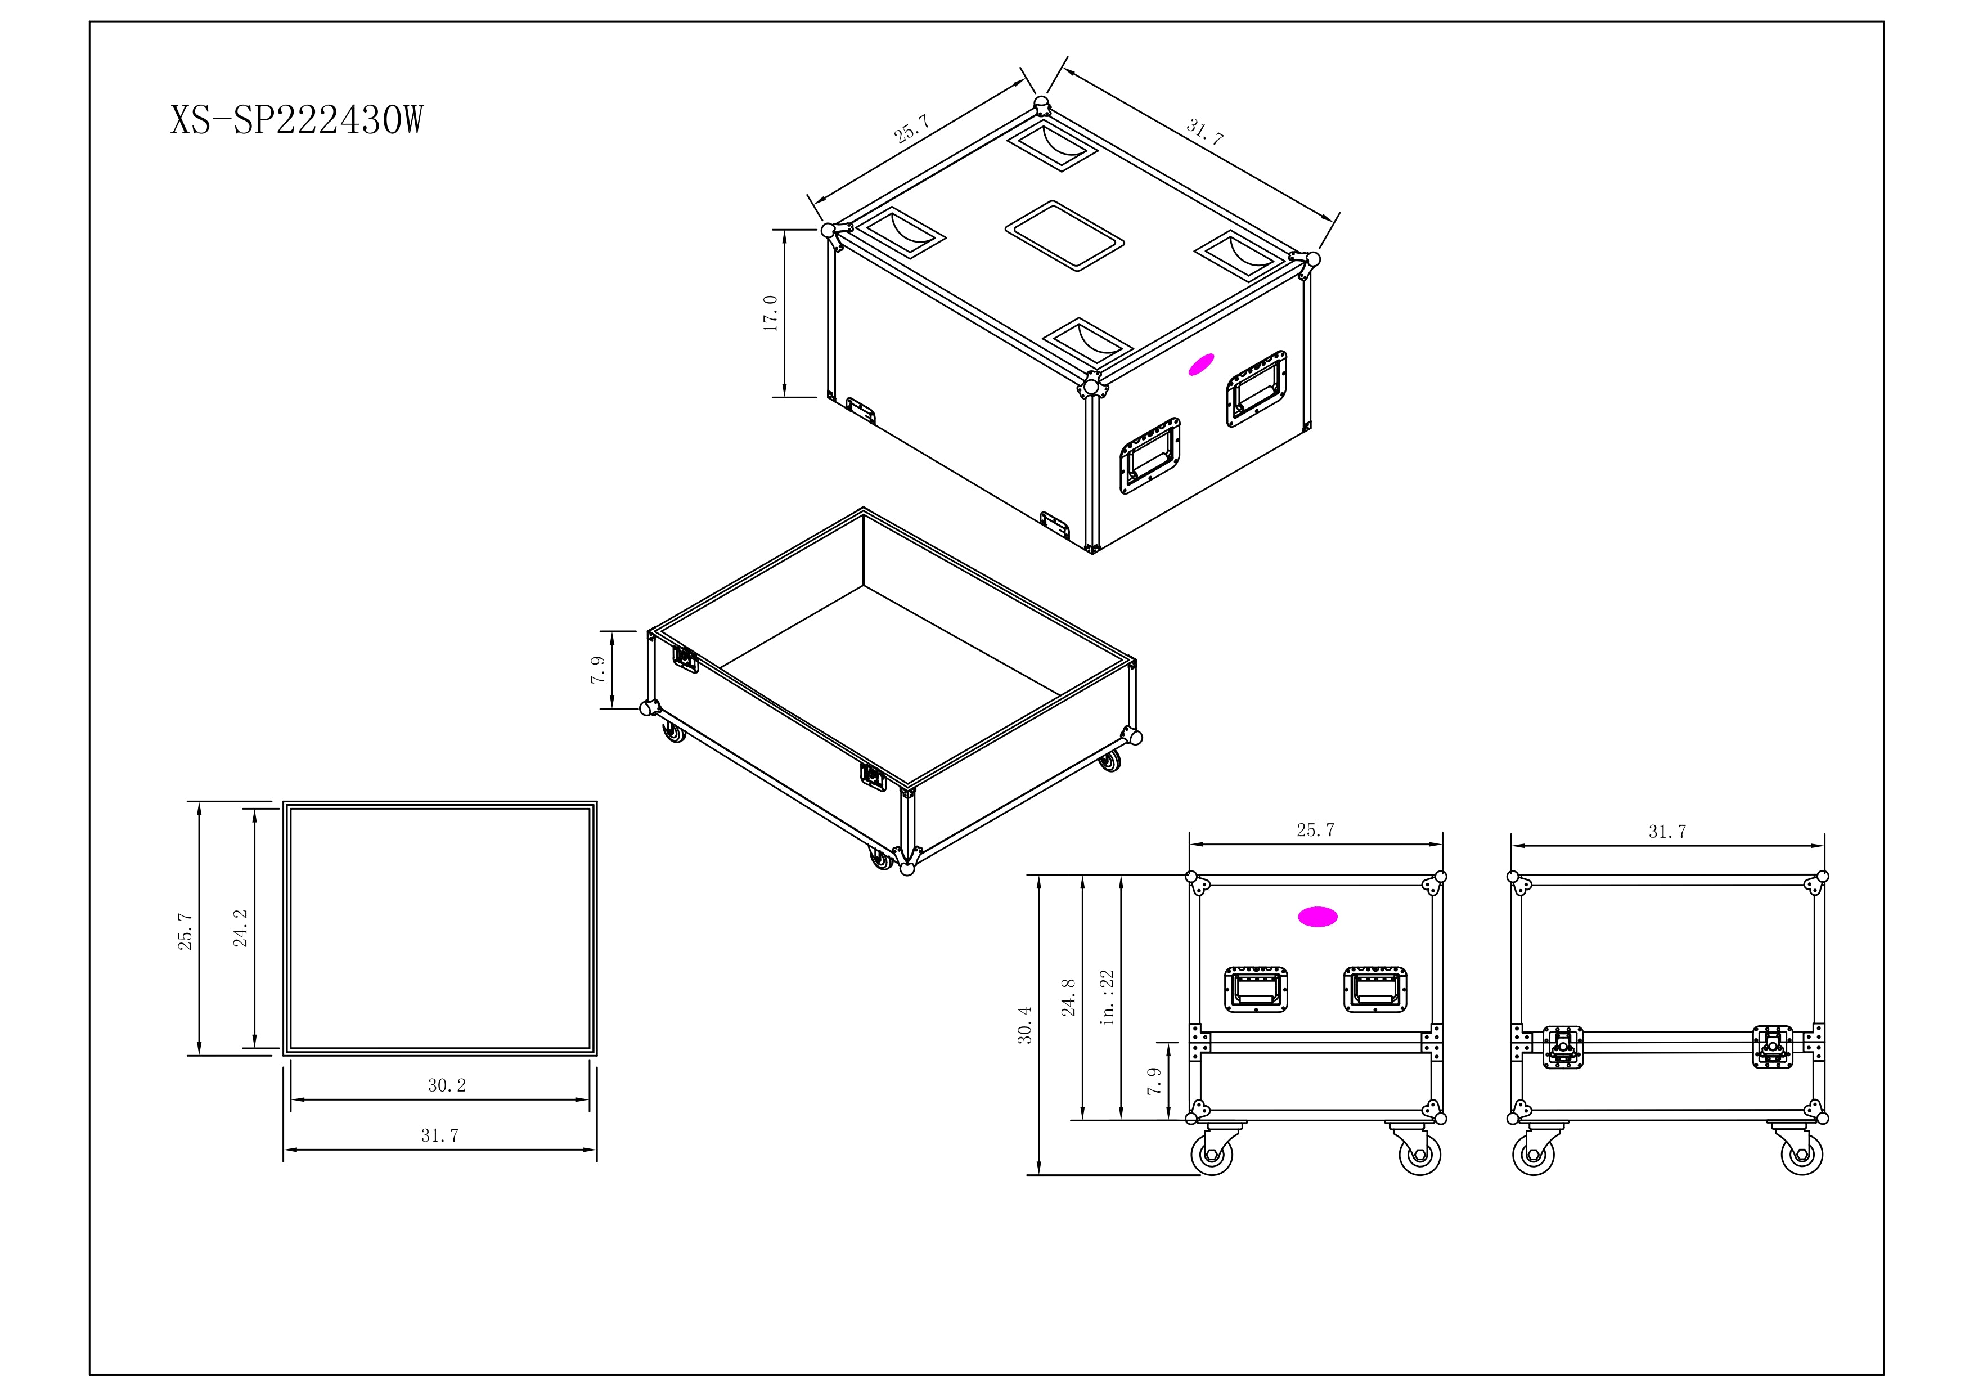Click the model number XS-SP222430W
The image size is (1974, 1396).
coord(296,120)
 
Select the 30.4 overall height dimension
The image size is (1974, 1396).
coord(1025,1025)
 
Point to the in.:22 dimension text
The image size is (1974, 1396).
coord(1108,998)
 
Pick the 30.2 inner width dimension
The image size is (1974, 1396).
coord(447,1085)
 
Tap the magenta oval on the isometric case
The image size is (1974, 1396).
coord(1201,365)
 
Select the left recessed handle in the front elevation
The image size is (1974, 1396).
coord(1256,989)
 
